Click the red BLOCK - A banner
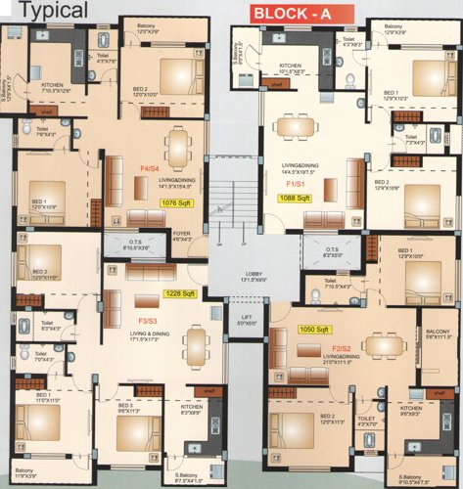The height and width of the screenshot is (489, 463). point(290,15)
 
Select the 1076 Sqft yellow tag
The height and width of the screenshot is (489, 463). point(176,203)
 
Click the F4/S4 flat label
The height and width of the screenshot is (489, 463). point(151,168)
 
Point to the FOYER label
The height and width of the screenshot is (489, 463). point(182,233)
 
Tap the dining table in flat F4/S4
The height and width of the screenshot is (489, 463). point(177,147)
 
